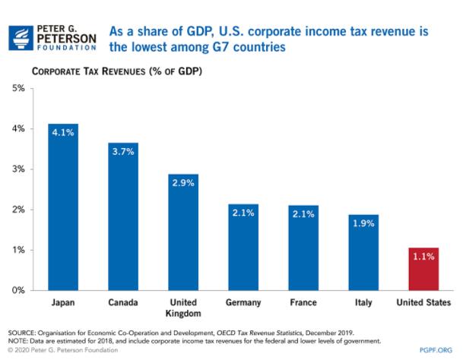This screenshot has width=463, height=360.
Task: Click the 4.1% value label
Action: (63, 133)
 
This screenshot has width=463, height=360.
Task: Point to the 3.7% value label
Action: (123, 151)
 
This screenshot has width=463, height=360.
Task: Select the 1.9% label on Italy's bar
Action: (363, 223)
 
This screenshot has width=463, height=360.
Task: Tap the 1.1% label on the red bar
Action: (423, 257)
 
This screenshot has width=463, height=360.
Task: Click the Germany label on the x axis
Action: (243, 303)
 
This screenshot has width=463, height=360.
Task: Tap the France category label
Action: (303, 303)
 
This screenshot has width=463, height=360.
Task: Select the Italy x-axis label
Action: (363, 303)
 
